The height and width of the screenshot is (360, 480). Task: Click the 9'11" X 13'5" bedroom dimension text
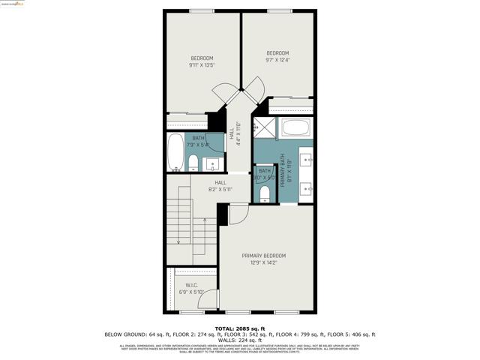click(202, 65)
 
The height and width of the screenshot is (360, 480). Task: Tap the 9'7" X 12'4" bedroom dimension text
click(277, 60)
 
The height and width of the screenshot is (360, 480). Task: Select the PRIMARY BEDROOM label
click(264, 256)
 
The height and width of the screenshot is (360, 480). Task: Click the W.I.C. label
click(191, 285)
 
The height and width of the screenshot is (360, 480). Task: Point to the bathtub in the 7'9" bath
click(174, 152)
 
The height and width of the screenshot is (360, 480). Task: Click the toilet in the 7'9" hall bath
click(192, 163)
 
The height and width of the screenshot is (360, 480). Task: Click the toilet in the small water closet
click(264, 193)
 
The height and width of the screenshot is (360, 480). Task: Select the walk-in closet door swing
click(211, 298)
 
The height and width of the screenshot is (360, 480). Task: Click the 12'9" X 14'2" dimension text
click(264, 262)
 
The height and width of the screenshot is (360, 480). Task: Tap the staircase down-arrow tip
click(178, 242)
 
